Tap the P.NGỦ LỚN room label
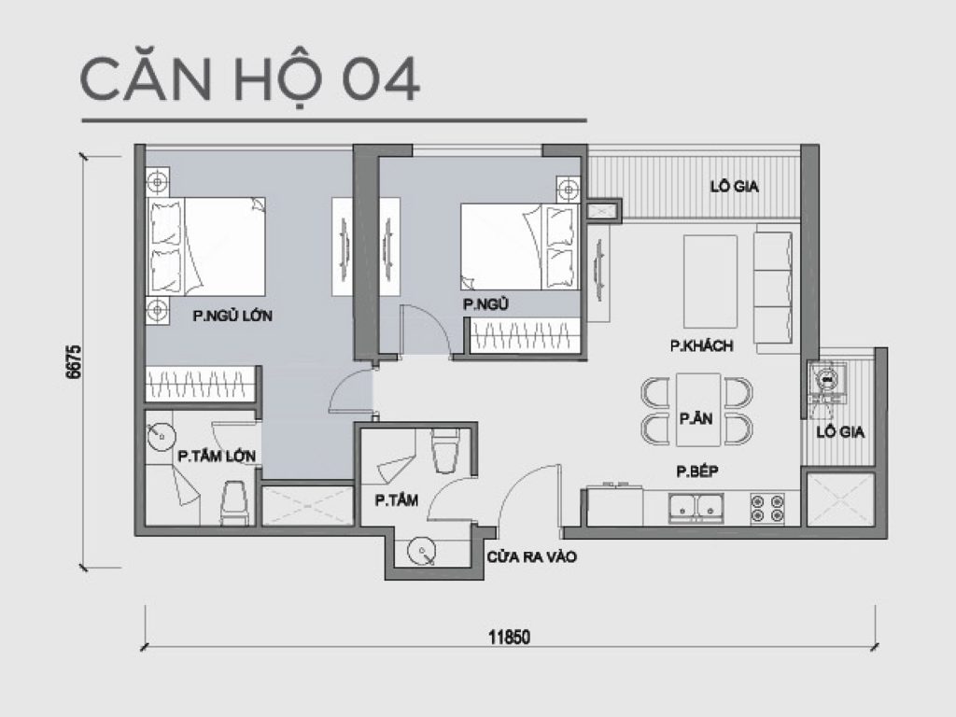(x=232, y=316)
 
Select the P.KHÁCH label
(x=701, y=345)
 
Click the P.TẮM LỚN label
(x=218, y=456)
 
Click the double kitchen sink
(x=698, y=507)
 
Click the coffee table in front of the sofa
(x=710, y=277)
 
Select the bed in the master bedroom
(x=206, y=246)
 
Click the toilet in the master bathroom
(x=233, y=504)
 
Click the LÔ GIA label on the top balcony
(x=734, y=187)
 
